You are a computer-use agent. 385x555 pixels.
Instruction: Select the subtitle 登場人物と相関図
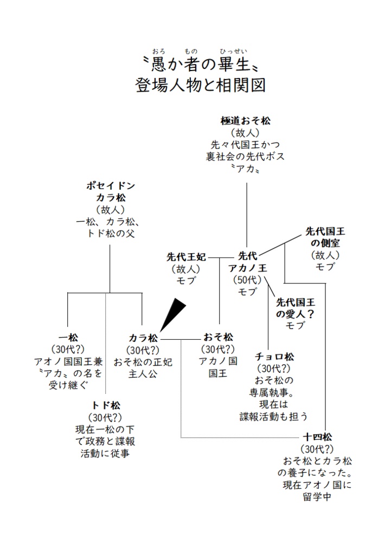[x=201, y=86]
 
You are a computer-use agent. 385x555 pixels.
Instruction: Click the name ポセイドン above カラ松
[x=110, y=185]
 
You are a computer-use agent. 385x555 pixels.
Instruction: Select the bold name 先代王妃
[x=186, y=256]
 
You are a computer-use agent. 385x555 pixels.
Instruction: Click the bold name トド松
[x=106, y=405]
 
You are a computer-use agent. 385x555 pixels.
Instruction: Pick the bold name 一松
[x=68, y=337]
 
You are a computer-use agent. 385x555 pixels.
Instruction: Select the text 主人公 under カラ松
[x=143, y=374]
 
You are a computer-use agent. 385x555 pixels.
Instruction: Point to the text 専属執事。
[x=274, y=392]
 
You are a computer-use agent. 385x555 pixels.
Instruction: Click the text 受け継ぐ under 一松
[x=68, y=385]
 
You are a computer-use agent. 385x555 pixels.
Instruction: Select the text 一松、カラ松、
[x=110, y=222]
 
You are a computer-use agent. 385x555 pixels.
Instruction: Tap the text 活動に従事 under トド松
[x=106, y=454]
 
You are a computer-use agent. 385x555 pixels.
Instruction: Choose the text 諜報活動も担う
[x=274, y=416]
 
